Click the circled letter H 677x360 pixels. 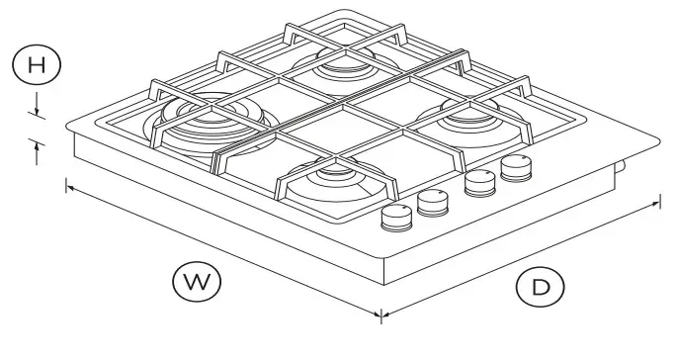coord(37,65)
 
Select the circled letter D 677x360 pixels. coord(540,287)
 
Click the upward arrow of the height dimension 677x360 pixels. coord(37,149)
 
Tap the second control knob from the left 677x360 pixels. coord(432,202)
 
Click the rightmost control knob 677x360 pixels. coord(515,167)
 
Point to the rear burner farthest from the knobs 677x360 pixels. coord(340,64)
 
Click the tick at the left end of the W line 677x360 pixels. coord(66,184)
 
